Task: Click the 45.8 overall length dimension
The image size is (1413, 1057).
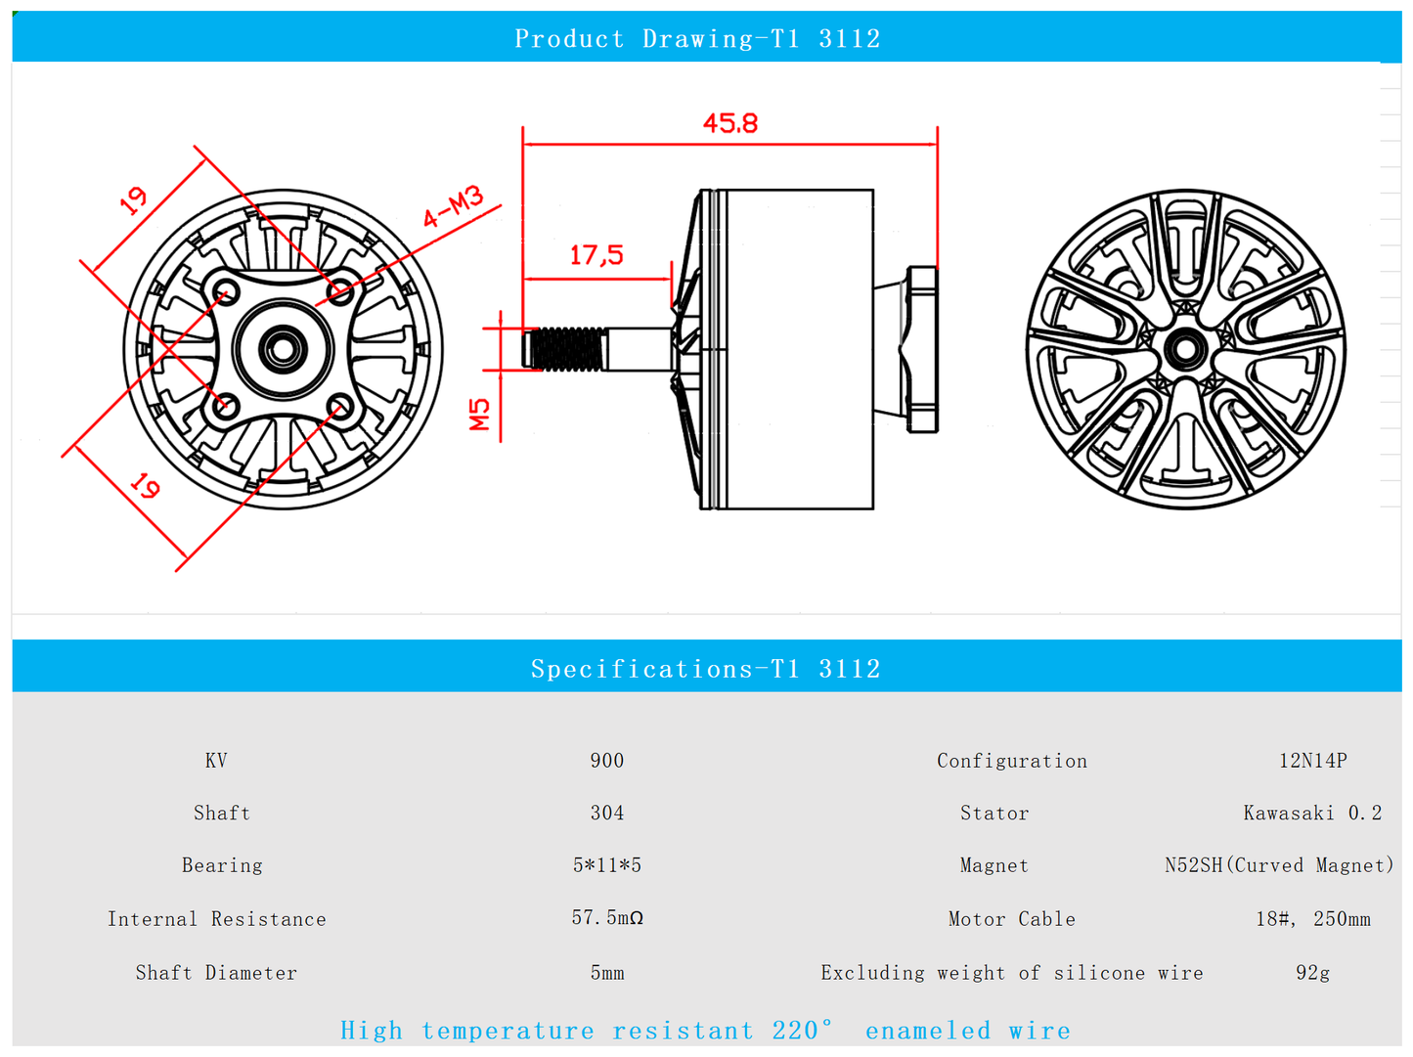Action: pos(730,123)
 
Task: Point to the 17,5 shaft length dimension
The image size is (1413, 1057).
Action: pos(596,255)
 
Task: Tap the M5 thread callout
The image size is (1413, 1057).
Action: pos(479,414)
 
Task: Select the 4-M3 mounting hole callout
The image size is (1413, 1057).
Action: pos(453,206)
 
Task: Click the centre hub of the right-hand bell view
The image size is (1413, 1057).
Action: pos(1185,349)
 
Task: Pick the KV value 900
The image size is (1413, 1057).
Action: pos(607,761)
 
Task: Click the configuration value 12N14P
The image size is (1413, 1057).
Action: pos(1312,761)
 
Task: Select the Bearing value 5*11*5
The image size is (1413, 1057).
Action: pos(607,865)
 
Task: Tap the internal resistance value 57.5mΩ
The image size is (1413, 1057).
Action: pos(607,917)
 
